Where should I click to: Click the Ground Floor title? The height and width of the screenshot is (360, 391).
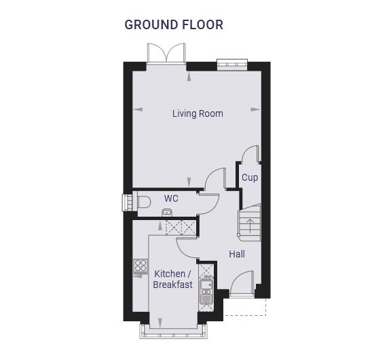(x=174, y=24)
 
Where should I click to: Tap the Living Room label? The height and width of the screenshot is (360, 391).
(x=198, y=113)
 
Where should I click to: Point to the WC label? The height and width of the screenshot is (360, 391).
(x=171, y=198)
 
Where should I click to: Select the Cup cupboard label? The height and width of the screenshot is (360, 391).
(x=250, y=178)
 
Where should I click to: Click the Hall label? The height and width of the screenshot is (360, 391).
(x=237, y=254)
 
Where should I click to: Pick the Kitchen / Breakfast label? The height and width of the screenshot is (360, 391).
(x=173, y=279)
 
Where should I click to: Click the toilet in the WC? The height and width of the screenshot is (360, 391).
(x=144, y=202)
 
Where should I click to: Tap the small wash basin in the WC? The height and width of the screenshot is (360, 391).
(x=167, y=213)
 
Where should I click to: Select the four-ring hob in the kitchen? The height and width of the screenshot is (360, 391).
(x=141, y=266)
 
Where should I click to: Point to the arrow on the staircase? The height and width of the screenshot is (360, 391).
(x=250, y=226)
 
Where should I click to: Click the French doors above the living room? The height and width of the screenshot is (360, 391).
(x=166, y=53)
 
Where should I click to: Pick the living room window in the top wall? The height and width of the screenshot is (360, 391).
(x=232, y=64)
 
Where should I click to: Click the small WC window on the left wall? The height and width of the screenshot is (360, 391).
(x=128, y=202)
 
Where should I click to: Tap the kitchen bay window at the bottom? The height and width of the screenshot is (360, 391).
(x=174, y=331)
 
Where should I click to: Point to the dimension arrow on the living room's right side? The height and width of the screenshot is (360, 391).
(x=255, y=109)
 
